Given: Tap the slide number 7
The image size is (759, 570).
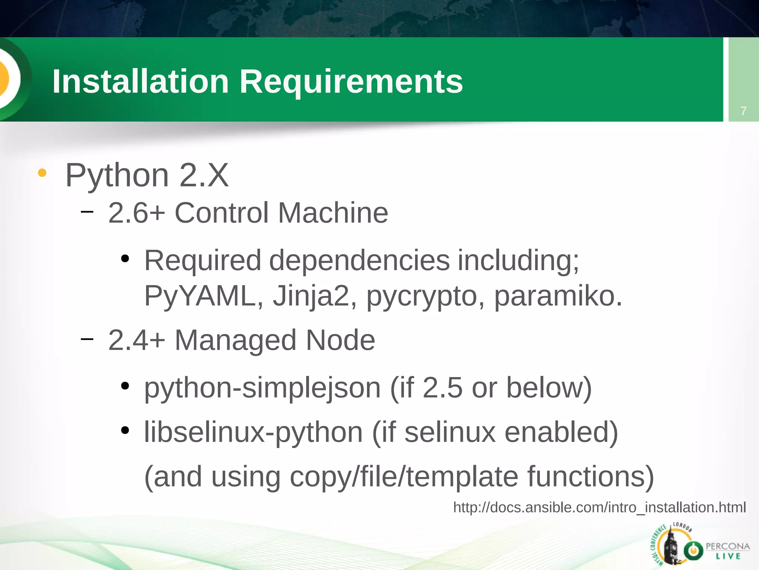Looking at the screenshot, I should tap(743, 111).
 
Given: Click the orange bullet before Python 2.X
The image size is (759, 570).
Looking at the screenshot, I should tap(42, 173).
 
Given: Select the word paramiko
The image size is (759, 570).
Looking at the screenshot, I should tap(558, 296).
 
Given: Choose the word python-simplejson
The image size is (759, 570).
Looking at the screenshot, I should tap(262, 388).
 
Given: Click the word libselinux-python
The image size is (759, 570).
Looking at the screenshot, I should tap(253, 432).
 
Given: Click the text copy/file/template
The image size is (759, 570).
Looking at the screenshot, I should tap(404, 476).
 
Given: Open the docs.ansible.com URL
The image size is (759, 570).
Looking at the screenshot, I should tap(599, 507).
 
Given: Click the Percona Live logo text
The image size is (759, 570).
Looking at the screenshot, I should tap(727, 551).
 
